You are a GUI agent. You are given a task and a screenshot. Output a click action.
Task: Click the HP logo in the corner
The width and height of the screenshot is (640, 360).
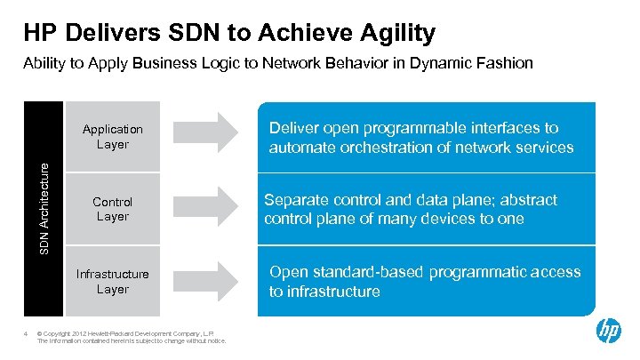pos(609,332)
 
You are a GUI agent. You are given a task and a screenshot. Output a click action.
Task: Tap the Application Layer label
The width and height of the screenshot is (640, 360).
pos(113,137)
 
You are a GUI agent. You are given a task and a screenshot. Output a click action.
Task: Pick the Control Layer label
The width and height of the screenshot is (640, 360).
pos(113,209)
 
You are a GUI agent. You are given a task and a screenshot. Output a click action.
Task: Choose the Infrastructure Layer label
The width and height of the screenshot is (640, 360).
pos(113,282)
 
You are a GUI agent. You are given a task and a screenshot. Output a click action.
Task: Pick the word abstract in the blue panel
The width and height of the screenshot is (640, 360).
pos(525,200)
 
